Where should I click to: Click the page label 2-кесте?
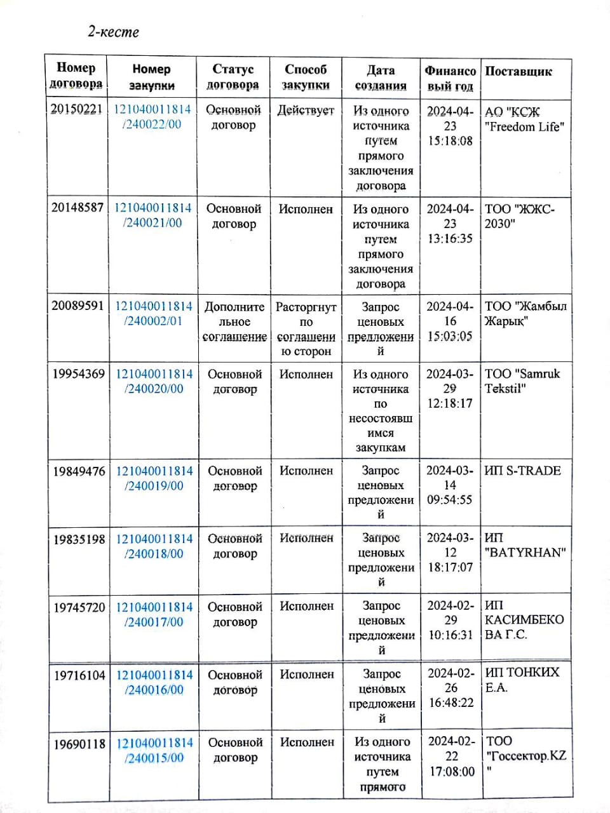[113, 32]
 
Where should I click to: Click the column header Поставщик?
[518, 71]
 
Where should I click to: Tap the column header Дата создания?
[381, 77]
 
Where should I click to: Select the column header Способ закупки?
[306, 77]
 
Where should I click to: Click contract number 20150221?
[76, 109]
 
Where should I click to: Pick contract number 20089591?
[78, 306]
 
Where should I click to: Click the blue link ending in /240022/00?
[152, 117]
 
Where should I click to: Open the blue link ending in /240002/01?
[153, 313]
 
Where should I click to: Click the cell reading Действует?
[306, 111]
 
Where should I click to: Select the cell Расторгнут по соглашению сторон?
[306, 328]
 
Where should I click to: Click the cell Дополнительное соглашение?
[234, 321]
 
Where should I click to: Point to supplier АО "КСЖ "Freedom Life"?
[524, 119]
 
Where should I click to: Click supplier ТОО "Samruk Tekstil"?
[522, 381]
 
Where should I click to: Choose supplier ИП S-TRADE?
[522, 471]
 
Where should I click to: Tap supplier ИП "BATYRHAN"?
[525, 546]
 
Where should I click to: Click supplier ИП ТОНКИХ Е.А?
[522, 680]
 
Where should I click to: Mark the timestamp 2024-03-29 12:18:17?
[450, 388]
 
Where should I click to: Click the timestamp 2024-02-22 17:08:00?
[451, 756]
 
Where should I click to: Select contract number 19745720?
[79, 607]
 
